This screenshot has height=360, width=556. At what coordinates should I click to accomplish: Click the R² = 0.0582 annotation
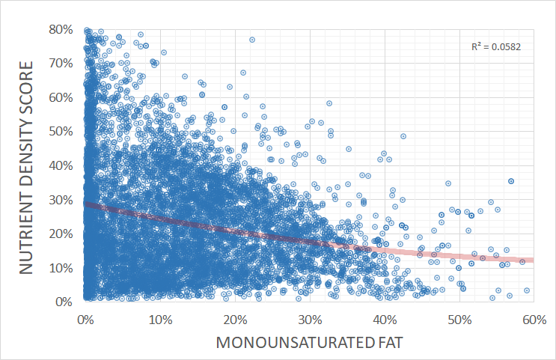click(x=496, y=46)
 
